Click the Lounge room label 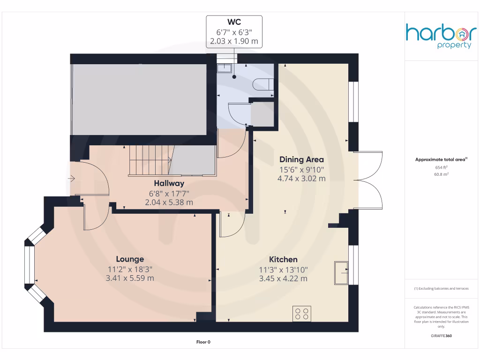click(130, 259)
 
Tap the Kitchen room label click(283, 260)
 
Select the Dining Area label click(301, 159)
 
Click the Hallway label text click(169, 183)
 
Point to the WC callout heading click(234, 22)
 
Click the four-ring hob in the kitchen click(302, 313)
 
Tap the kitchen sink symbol click(341, 273)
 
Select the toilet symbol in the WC click(262, 84)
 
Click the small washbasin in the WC click(225, 68)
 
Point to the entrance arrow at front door click(71, 179)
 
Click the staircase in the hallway click(150, 160)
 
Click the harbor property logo click(440, 37)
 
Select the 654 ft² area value click(441, 167)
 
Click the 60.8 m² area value click(441, 174)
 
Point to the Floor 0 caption click(203, 342)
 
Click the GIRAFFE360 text click(441, 336)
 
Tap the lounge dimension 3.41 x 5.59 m click(130, 278)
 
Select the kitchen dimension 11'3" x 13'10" click(283, 270)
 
